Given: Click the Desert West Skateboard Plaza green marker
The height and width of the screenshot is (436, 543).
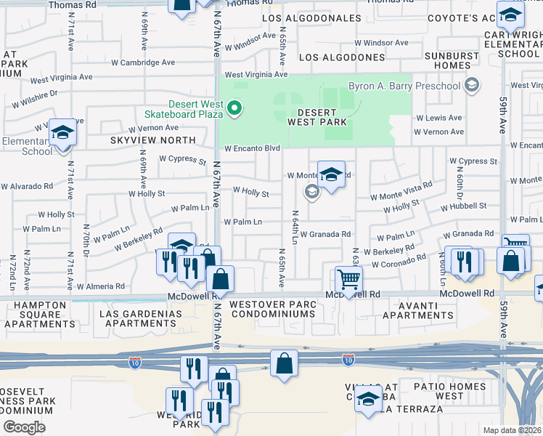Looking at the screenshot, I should pos(234,110).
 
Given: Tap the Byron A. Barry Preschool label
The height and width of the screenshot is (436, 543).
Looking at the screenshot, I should pos(404,86).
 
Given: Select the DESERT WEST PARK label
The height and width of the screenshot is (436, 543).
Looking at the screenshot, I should pos(317,118).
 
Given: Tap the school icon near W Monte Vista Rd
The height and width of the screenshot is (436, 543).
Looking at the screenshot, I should pos(331,175).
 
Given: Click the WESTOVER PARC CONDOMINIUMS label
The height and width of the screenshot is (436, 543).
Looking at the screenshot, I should pos(272,309).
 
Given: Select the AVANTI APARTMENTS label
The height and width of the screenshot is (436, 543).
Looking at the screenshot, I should pos(419,310).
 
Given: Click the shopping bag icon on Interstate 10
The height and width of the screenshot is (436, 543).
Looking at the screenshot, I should pos(284,362).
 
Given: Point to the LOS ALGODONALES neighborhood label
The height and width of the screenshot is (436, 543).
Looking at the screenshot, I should pos(311,18).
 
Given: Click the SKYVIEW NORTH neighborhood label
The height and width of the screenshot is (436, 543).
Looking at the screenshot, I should pos(152,140).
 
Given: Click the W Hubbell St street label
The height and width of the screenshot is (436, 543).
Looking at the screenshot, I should pos(463,206).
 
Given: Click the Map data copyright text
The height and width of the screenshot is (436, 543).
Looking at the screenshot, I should pos(513,430).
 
